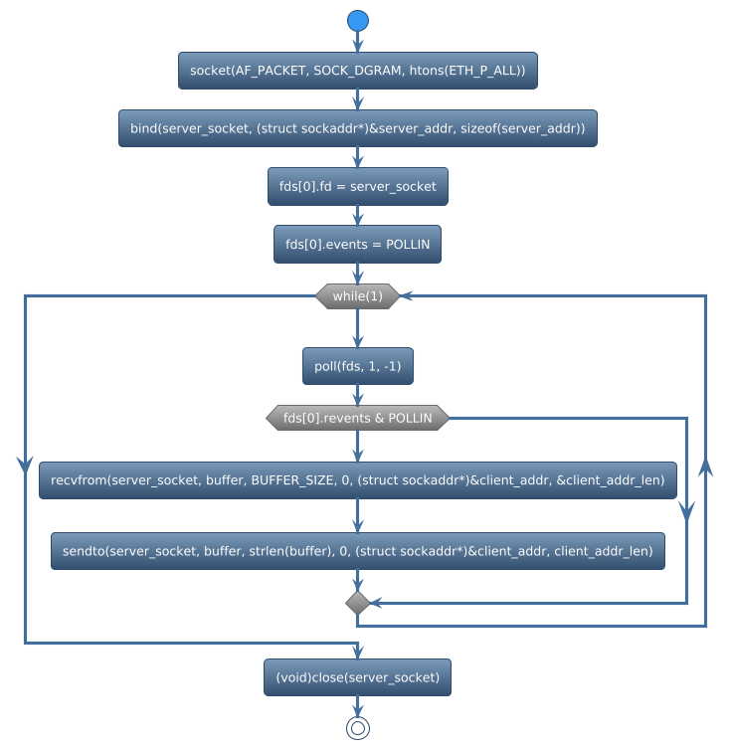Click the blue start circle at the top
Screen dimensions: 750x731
(x=358, y=21)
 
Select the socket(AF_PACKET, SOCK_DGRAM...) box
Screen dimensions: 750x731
(x=358, y=71)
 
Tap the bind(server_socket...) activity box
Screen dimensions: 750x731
(x=358, y=128)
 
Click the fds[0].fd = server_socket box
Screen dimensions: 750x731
(x=358, y=186)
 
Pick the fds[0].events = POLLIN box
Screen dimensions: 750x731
(x=358, y=244)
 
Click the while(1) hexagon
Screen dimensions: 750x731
(x=358, y=295)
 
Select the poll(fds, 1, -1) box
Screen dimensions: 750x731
(x=358, y=367)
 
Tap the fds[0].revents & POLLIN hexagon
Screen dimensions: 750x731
(x=358, y=419)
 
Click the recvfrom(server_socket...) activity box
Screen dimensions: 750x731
(x=358, y=480)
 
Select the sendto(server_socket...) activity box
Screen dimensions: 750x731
(x=358, y=551)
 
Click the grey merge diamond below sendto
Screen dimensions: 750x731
(x=358, y=603)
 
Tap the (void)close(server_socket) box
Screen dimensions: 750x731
(x=358, y=677)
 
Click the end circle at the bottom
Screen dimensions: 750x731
(x=358, y=728)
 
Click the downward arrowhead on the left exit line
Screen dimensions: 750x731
(x=25, y=464)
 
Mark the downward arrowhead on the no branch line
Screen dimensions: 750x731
(x=686, y=509)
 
